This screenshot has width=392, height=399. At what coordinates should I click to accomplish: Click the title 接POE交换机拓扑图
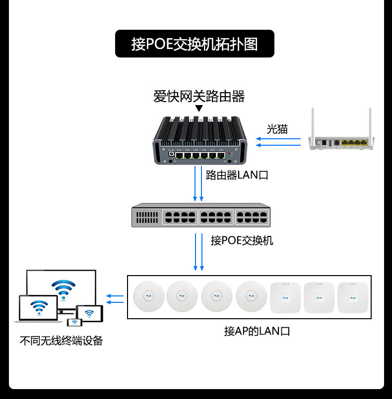click(195, 44)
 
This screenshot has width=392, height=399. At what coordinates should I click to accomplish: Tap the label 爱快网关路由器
click(199, 97)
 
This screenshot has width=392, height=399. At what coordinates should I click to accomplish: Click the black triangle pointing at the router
click(199, 109)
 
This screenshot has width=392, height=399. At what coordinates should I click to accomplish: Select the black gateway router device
click(200, 140)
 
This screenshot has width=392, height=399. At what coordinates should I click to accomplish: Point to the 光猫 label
click(277, 129)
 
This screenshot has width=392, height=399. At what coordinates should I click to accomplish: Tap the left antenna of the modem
click(313, 122)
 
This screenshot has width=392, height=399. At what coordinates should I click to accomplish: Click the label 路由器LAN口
click(237, 175)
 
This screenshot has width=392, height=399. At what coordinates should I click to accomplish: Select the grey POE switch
click(201, 215)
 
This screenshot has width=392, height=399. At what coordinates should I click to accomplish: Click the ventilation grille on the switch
click(147, 218)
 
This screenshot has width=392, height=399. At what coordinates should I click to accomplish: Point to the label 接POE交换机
click(242, 240)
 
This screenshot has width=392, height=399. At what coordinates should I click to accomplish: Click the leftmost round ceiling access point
click(148, 296)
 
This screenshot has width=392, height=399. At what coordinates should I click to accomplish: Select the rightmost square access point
click(353, 298)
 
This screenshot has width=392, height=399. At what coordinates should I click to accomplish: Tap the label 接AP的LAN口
click(257, 331)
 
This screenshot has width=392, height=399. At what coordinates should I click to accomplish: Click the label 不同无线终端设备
click(61, 341)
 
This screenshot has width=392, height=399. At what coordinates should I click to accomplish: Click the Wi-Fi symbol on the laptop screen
click(39, 307)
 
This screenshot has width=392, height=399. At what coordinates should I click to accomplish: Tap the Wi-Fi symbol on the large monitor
click(64, 289)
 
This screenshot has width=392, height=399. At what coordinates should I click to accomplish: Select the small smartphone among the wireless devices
click(74, 322)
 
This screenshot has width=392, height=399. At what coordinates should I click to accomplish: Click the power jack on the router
click(172, 154)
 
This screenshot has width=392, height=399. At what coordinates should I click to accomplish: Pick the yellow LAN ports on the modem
click(354, 143)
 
